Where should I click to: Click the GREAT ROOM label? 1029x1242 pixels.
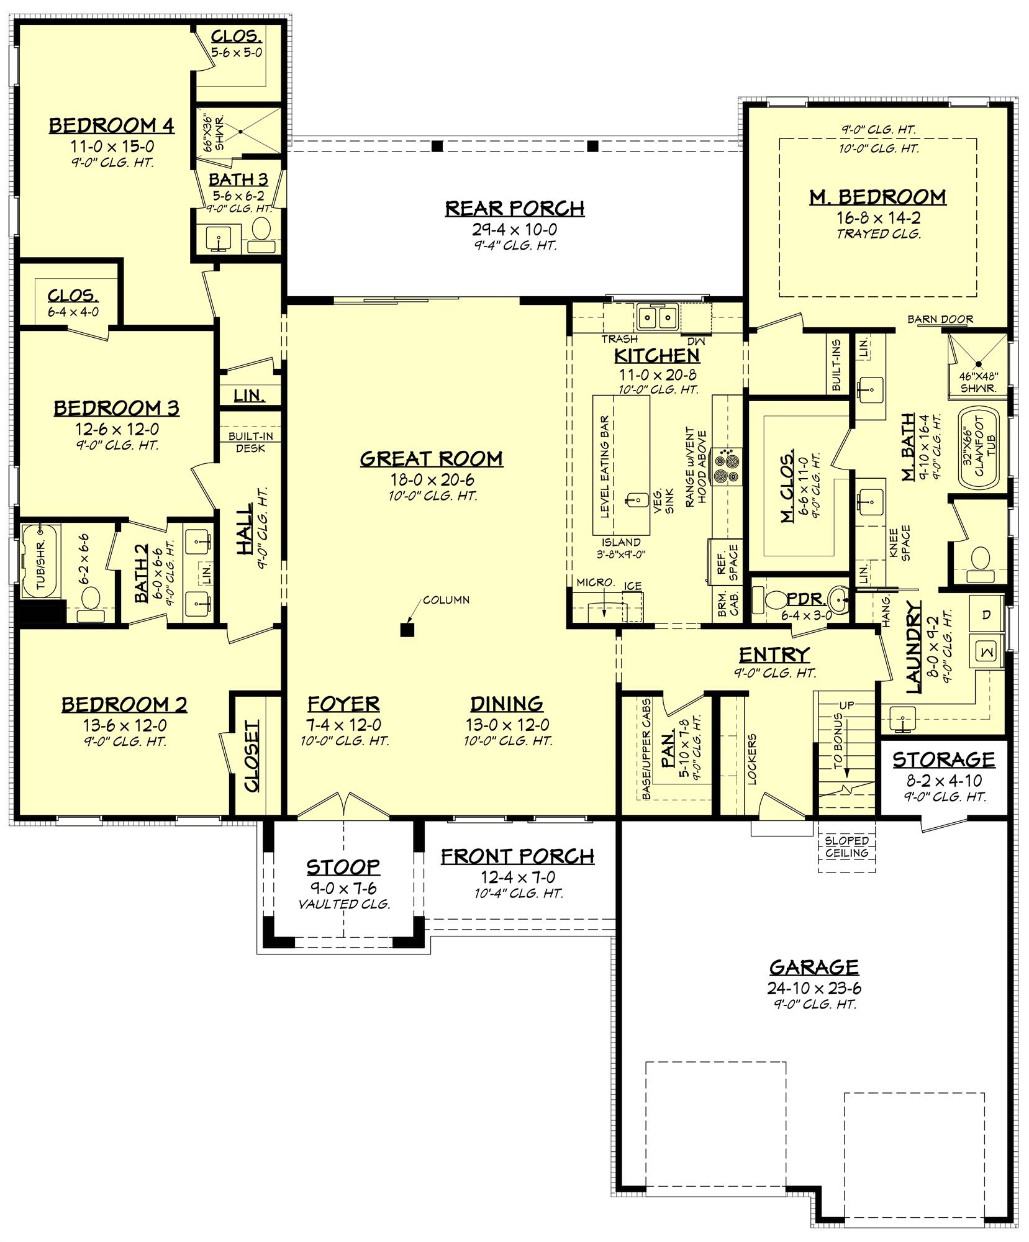432,459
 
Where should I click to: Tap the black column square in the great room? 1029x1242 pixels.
407,630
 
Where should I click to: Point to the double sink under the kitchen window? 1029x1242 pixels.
657,319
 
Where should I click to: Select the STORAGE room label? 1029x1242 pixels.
943,759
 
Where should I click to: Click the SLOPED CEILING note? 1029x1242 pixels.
847,847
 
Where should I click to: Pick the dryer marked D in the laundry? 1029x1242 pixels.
986,615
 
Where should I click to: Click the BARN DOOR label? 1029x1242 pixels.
940,320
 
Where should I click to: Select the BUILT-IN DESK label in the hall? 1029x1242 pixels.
250,442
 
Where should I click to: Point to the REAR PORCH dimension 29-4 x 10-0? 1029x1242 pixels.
514,229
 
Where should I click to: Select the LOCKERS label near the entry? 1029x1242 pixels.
752,759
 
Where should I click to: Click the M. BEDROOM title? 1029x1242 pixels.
877,197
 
